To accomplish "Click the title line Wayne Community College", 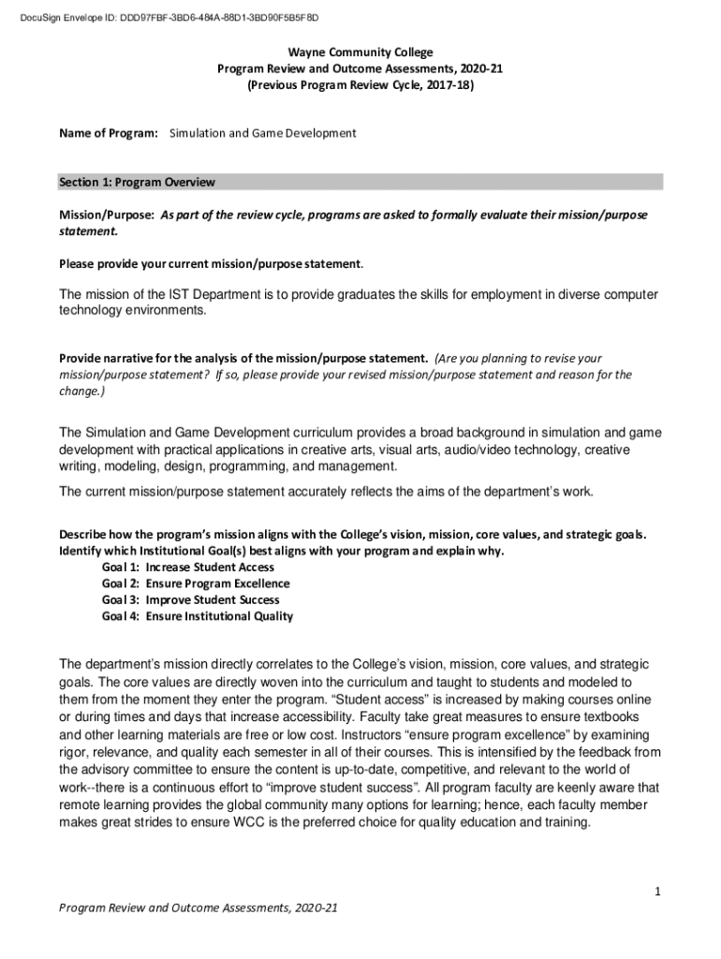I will click(x=360, y=52).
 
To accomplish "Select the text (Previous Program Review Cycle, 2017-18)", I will click(x=360, y=84).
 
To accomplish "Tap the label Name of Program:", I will click(x=109, y=133).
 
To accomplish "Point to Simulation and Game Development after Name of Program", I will click(x=263, y=133).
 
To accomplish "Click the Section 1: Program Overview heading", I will click(x=137, y=182).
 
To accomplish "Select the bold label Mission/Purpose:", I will click(x=107, y=214).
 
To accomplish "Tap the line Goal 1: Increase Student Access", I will click(x=188, y=567).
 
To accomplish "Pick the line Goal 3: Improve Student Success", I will click(x=190, y=599).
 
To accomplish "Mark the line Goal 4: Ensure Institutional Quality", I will click(x=198, y=616).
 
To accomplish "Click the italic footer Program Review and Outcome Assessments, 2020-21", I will click(x=199, y=909).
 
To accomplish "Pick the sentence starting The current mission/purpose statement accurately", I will click(x=327, y=492).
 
